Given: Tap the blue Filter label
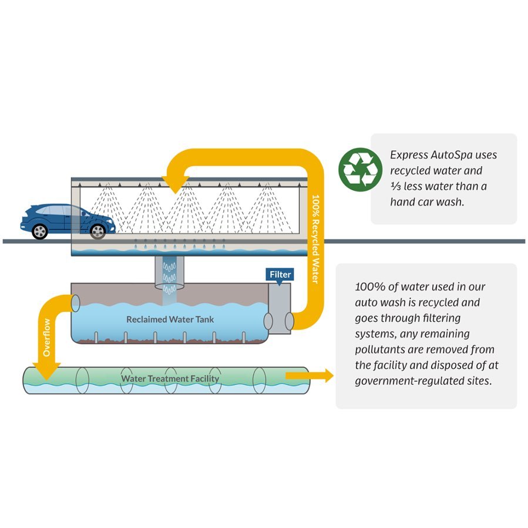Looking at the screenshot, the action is coord(280,275).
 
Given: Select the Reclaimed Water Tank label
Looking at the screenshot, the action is coord(170,320).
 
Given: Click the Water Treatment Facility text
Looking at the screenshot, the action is coord(170,378).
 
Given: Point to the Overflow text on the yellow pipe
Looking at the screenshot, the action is coord(47,337).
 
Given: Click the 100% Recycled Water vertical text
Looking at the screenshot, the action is coord(315,239).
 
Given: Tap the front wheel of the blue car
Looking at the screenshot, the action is coord(98,231).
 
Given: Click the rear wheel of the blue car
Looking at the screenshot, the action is coord(40,231).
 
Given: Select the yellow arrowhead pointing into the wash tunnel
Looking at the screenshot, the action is coord(175,184).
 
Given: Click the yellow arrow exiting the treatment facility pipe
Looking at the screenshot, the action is coord(310,375).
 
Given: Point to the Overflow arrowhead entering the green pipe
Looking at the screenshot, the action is coord(46,372).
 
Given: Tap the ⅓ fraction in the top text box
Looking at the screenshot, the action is coord(395,186).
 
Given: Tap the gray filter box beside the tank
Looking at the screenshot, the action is coord(280,308).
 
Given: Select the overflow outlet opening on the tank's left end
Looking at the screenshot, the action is coord(75,304).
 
